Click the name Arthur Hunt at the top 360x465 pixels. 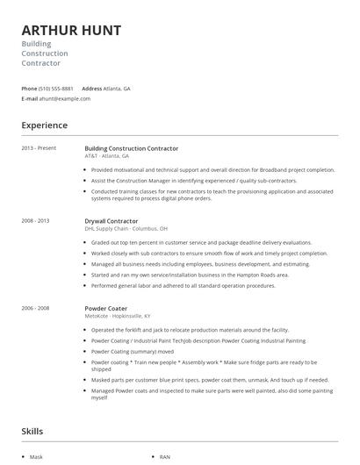[72, 30]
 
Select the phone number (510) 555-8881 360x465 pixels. [57, 89]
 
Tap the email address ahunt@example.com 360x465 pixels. [65, 98]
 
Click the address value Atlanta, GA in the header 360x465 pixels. [117, 89]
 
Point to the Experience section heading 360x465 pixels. [44, 125]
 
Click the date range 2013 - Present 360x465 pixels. [39, 148]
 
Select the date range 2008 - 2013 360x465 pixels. [35, 221]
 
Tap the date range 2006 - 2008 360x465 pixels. [35, 308]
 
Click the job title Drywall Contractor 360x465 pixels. [112, 221]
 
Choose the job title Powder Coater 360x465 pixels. [106, 308]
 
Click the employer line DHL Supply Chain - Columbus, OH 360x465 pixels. [126, 228]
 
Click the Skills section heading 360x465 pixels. [32, 432]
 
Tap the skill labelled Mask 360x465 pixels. [36, 457]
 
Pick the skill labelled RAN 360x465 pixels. [165, 457]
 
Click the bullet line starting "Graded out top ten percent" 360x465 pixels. [201, 242]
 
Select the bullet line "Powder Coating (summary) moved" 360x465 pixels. [133, 350]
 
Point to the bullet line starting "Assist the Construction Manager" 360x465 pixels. [194, 180]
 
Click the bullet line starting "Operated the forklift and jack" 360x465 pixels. [200, 329]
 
